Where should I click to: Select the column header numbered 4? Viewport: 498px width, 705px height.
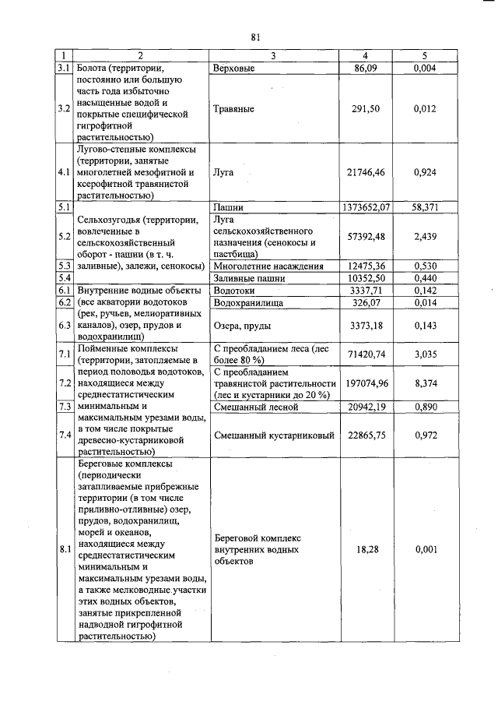(x=366, y=56)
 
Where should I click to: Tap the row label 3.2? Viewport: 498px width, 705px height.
(x=65, y=109)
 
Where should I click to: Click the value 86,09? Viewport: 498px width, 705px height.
(x=366, y=69)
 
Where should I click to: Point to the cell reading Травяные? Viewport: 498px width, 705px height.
(x=233, y=109)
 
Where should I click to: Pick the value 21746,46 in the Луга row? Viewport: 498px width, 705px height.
(x=365, y=170)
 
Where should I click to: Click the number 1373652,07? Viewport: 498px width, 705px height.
(x=365, y=208)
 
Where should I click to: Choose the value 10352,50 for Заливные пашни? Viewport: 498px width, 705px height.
(x=365, y=277)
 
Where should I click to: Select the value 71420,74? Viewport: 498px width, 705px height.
(x=365, y=354)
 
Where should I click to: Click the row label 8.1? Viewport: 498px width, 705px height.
(x=65, y=550)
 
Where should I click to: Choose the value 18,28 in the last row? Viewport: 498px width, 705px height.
(x=366, y=550)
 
